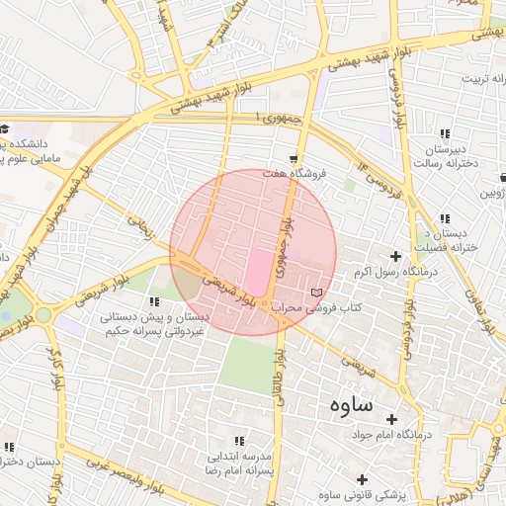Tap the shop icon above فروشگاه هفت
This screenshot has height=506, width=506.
pyautogui.click(x=294, y=158)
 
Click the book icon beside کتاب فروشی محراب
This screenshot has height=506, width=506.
pyautogui.click(x=316, y=293)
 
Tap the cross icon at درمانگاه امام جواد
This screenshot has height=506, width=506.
pyautogui.click(x=392, y=420)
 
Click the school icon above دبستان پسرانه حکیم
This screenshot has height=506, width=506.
pyautogui.click(x=153, y=300)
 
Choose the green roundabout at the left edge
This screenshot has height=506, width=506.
pyautogui.click(x=43, y=316)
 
